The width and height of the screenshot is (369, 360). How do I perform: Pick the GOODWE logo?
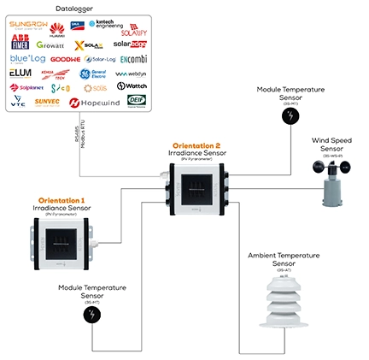tap(64, 59)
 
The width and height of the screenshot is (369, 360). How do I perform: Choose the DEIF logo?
tap(136, 100)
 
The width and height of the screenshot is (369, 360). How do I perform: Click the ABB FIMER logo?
tap(24, 43)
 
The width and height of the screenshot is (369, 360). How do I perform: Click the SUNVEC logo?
tap(48, 101)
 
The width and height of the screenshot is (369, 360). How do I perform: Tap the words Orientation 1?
tap(61, 200)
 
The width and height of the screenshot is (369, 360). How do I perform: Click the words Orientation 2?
tap(197, 146)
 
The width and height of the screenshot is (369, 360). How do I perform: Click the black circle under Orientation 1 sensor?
tap(91, 315)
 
